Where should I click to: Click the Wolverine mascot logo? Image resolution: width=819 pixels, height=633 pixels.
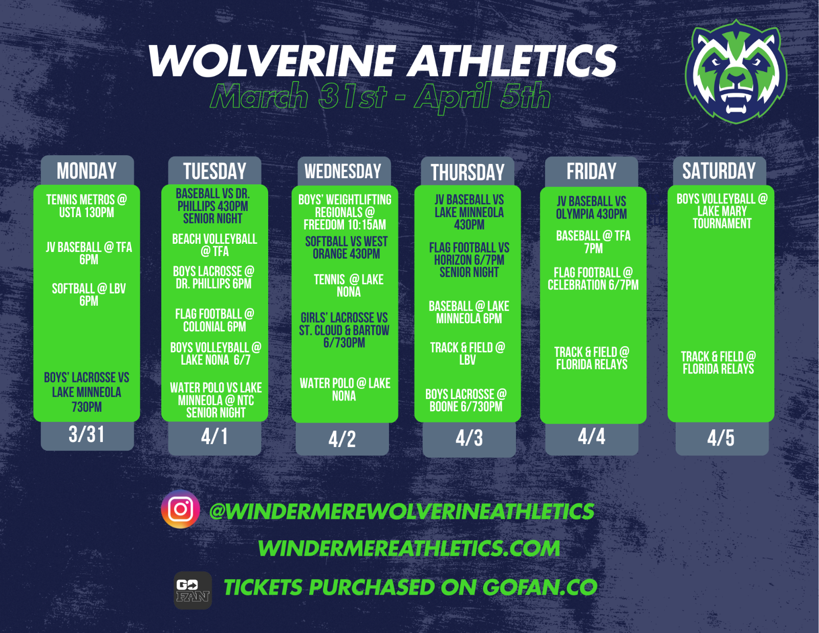coord(736,72)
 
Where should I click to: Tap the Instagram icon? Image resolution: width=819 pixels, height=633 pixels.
coord(180,509)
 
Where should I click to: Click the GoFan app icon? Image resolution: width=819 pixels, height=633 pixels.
coord(192,590)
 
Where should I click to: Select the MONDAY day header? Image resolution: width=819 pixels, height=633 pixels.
coord(87,171)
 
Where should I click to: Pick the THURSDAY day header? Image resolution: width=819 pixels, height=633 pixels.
coord(467,172)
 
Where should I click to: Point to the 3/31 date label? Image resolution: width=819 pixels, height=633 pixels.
coord(87,434)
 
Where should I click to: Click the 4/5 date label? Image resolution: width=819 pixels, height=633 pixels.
coord(721,438)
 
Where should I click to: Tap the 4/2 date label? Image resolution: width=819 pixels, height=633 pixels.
coord(342,439)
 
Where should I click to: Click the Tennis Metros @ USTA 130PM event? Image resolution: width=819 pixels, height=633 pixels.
coord(87,206)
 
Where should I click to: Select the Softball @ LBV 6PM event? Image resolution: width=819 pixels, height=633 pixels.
coord(89,294)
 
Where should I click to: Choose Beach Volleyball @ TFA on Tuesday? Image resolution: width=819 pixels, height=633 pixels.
coord(214,245)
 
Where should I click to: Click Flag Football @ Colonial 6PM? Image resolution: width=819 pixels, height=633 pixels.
coord(214,320)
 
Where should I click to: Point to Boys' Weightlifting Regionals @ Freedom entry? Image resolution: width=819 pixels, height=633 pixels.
coord(345,212)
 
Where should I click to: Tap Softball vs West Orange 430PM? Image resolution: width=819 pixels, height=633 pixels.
coord(347,248)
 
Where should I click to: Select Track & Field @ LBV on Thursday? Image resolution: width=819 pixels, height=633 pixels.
coord(467,354)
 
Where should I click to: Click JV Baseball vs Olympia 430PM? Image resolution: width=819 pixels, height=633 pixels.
coord(591,207)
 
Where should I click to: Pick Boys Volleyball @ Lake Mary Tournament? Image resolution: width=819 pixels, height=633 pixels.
coord(722,211)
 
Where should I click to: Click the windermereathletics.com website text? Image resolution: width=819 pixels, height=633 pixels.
coord(409,548)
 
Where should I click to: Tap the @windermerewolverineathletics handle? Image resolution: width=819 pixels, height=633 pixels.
coord(401,511)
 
